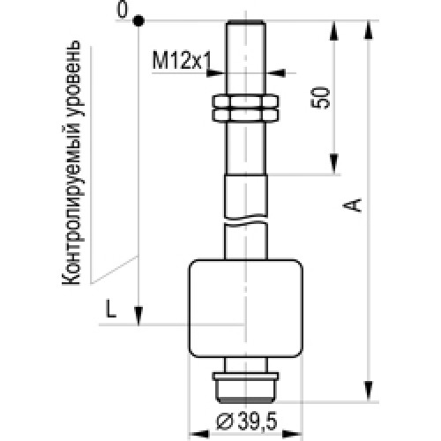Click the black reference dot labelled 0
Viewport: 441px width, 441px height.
pyautogui.click(x=138, y=21)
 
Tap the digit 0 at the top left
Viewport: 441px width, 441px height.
pyautogui.click(x=123, y=10)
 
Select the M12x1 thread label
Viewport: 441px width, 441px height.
pyautogui.click(x=182, y=60)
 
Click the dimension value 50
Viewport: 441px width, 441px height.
pyautogui.click(x=320, y=98)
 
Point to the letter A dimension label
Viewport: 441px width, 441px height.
pyautogui.click(x=352, y=206)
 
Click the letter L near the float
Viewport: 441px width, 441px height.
pyautogui.click(x=111, y=310)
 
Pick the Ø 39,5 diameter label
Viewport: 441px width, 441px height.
pyautogui.click(x=247, y=422)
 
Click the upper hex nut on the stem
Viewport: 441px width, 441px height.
pyautogui.click(x=245, y=101)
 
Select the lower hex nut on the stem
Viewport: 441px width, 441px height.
pyautogui.click(x=245, y=116)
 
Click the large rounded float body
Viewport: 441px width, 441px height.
pyautogui.click(x=246, y=308)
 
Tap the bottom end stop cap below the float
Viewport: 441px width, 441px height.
pyautogui.click(x=246, y=387)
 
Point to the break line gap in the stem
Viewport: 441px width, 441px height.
pyautogui.click(x=246, y=221)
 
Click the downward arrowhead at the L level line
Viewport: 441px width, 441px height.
pyautogui.click(x=138, y=316)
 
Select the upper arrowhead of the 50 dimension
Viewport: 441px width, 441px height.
pyautogui.click(x=333, y=31)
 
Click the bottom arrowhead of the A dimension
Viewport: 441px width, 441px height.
pyautogui.click(x=369, y=391)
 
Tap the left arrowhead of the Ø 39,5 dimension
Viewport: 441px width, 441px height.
pyautogui.click(x=198, y=434)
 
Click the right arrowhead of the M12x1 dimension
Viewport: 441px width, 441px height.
pyautogui.click(x=275, y=72)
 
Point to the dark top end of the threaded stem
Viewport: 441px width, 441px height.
pyautogui.click(x=246, y=22)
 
